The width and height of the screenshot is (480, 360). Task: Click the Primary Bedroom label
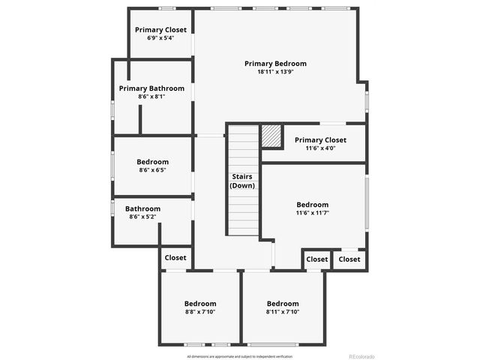[275, 64]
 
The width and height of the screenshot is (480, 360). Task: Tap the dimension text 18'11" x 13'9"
[275, 73]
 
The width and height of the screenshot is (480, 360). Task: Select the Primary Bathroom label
[151, 88]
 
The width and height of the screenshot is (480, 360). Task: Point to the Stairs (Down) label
[242, 181]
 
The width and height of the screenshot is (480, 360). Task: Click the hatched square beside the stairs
[271, 136]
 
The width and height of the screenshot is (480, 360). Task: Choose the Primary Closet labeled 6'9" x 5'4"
[160, 30]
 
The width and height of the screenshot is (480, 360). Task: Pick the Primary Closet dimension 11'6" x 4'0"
[320, 148]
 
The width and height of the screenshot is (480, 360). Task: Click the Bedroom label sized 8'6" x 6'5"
[152, 162]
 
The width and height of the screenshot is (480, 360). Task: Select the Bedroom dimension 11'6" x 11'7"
[312, 214]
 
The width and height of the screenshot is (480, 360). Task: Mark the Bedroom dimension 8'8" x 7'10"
[200, 312]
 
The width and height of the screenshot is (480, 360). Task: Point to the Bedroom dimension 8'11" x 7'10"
[283, 312]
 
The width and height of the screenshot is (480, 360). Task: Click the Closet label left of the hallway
[175, 258]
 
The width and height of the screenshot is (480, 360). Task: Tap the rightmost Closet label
[349, 259]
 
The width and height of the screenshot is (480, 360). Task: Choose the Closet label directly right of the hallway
[316, 259]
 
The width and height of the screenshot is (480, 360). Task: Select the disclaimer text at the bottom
[239, 356]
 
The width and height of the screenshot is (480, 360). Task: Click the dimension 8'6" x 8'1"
[151, 97]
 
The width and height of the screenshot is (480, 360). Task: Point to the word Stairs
[242, 176]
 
